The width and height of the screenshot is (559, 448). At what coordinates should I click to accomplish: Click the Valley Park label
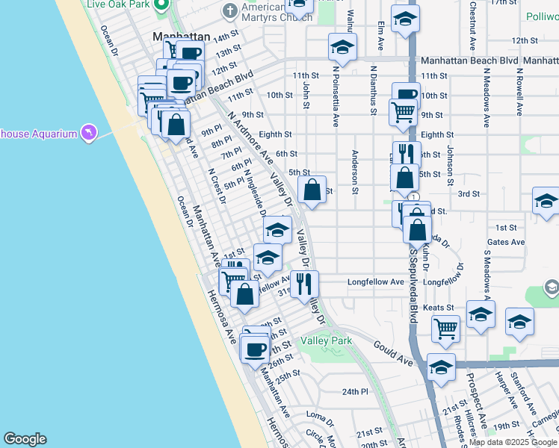tap(326, 341)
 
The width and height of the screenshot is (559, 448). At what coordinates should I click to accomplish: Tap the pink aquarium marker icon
tap(89, 132)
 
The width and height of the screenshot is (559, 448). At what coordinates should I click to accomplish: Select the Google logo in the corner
tap(25, 439)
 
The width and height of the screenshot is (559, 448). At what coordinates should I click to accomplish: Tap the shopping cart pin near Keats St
tap(445, 326)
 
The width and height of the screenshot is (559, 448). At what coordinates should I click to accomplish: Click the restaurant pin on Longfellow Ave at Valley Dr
tap(303, 283)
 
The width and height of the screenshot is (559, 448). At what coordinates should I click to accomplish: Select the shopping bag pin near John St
tap(312, 190)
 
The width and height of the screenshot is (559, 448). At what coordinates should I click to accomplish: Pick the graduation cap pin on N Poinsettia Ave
tap(342, 47)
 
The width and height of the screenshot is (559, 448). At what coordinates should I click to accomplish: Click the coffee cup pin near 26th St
tap(255, 348)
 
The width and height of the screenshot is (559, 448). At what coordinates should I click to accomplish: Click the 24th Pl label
tap(356, 391)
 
